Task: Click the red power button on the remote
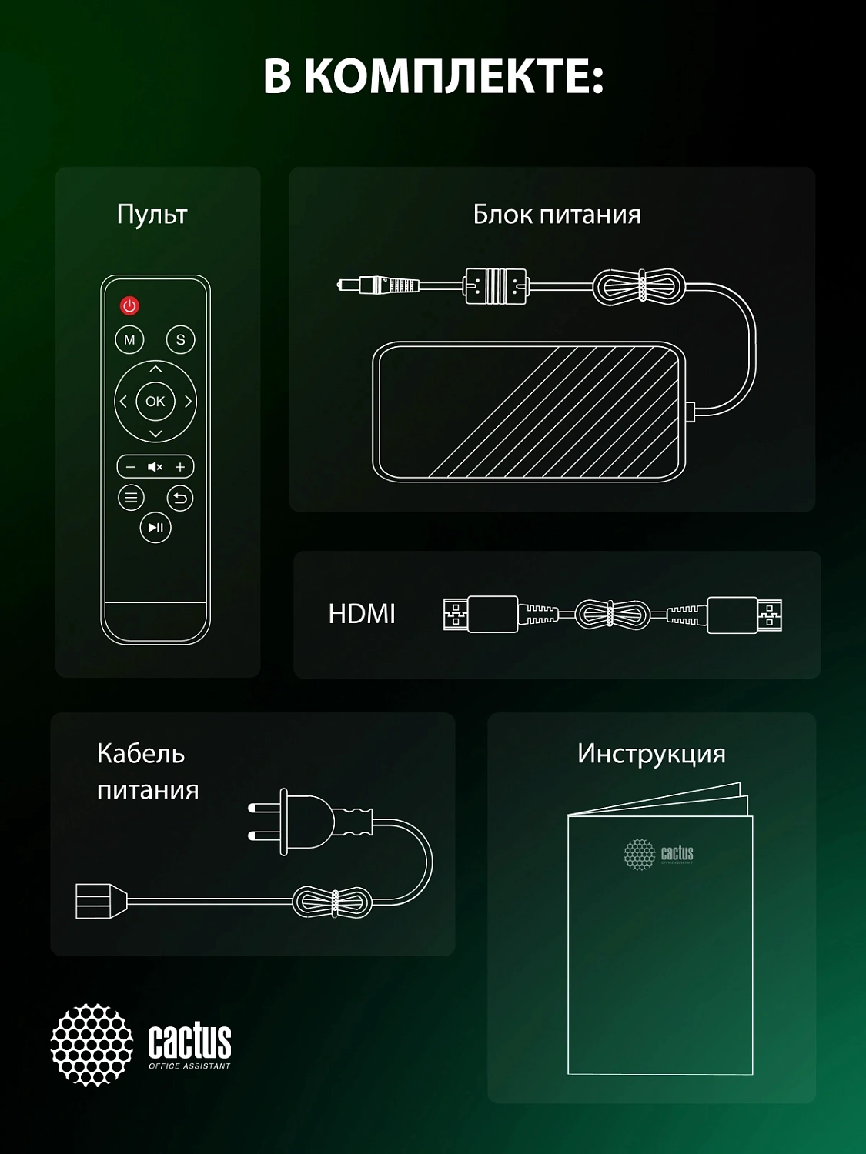point(129,306)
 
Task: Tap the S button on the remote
point(180,339)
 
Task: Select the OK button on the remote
point(155,401)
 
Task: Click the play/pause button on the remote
point(155,528)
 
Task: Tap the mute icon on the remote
point(155,467)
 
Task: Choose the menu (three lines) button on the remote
point(131,498)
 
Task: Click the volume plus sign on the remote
point(180,467)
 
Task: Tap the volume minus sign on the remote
point(130,467)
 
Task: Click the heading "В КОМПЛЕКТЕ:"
point(433,76)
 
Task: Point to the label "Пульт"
point(152,215)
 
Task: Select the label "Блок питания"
point(557,215)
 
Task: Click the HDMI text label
point(361,614)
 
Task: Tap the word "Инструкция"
point(651,754)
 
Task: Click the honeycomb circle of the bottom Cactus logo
point(92,1045)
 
